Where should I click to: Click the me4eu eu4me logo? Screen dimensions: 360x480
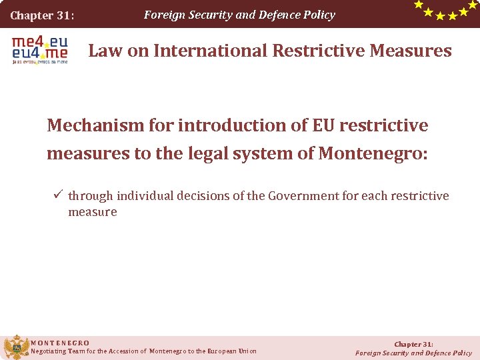point(39,49)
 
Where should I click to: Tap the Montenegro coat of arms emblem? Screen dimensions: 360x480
point(16,347)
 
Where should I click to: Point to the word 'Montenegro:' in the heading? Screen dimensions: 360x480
point(373,153)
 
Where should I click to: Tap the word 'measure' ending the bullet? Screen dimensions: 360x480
point(93,212)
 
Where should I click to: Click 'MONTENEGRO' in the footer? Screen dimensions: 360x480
point(60,343)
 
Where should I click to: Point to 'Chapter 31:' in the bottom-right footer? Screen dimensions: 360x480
point(413,344)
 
